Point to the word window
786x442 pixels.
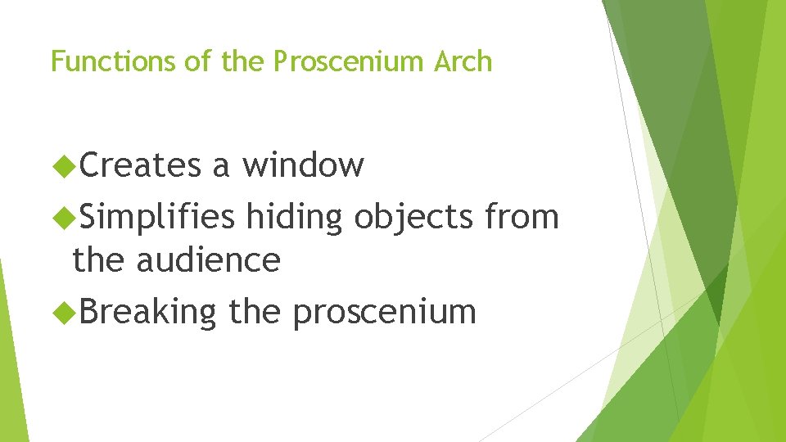(303, 166)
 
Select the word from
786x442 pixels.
(522, 218)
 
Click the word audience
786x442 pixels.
(208, 261)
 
